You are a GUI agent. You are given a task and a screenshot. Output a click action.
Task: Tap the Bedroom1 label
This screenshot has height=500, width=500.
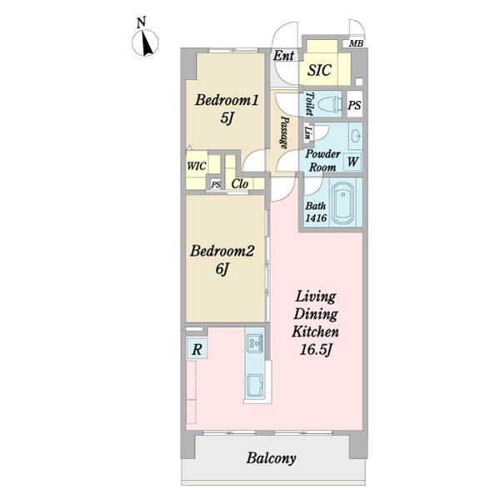[x=227, y=100]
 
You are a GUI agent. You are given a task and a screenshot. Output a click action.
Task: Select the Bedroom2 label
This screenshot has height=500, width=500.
[x=222, y=251]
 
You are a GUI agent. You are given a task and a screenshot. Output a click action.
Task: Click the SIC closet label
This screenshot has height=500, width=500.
[x=319, y=70]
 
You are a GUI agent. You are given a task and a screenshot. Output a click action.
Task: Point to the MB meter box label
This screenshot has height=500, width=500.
[x=356, y=43]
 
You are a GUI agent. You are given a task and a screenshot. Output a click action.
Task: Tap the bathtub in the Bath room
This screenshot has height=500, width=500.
[x=343, y=204]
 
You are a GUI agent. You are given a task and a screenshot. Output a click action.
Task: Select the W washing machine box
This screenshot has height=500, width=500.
[x=352, y=162]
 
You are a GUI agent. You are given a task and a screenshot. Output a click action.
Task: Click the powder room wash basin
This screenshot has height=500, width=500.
[x=356, y=137]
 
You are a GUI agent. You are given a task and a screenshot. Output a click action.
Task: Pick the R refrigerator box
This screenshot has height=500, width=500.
[x=197, y=349]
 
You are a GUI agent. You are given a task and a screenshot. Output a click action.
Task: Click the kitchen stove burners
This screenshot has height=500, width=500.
[x=256, y=343]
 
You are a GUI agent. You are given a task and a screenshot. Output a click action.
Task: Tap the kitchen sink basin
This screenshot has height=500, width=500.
[x=255, y=387]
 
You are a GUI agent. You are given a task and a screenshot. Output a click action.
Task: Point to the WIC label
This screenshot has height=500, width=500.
[x=197, y=166]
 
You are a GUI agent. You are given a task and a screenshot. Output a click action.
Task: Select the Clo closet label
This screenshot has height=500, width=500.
[x=240, y=184]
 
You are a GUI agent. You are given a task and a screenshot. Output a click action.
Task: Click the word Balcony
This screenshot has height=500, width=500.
[x=271, y=458]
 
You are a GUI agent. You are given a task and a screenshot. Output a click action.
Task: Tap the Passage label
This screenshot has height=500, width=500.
[x=284, y=132]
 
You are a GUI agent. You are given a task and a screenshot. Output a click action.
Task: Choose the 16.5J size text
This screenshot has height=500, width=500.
[x=316, y=350]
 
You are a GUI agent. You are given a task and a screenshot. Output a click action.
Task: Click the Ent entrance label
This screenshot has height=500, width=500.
[x=284, y=56]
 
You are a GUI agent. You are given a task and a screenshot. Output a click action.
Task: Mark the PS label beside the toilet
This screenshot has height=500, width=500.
[x=354, y=105]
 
